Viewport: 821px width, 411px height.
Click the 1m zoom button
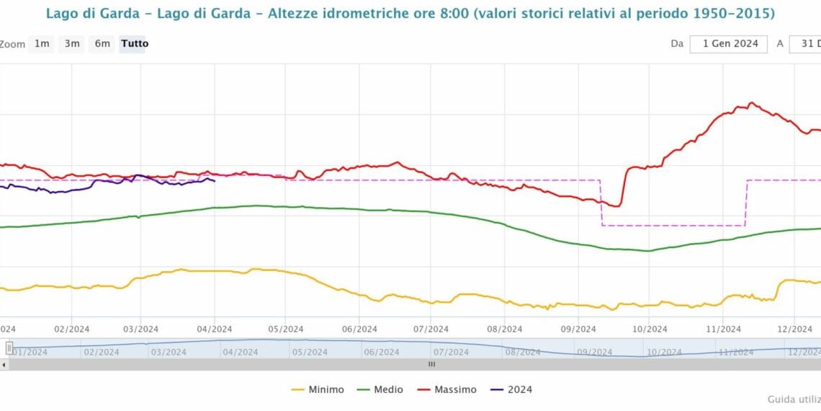click(x=42, y=43)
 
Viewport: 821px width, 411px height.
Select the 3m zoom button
click(x=72, y=43)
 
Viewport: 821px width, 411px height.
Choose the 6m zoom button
click(x=102, y=43)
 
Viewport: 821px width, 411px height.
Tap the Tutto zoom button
click(x=135, y=43)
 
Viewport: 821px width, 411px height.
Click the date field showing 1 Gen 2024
click(x=730, y=43)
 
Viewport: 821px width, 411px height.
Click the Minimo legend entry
click(x=318, y=389)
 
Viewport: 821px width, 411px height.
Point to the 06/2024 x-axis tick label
click(x=359, y=329)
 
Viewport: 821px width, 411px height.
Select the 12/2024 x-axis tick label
click(x=794, y=329)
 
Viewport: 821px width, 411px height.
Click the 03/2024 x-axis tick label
click(x=140, y=329)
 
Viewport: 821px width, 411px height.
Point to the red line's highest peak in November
click(x=750, y=103)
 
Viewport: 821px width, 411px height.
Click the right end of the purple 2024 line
click(x=215, y=180)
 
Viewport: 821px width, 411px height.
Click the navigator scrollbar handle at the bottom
click(x=432, y=364)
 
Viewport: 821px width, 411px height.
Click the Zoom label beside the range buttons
click(x=12, y=44)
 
